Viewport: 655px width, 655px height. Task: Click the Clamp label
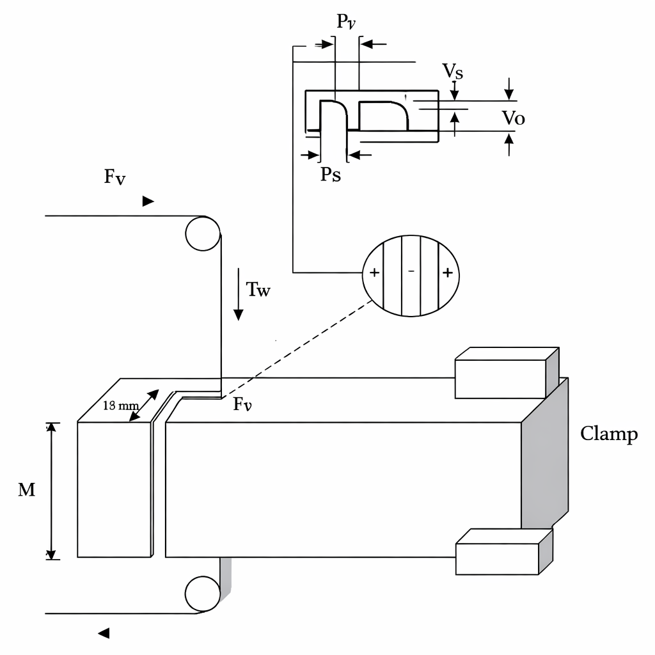point(609,434)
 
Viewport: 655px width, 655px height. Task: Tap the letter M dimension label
point(26,489)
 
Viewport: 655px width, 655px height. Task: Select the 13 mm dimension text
point(121,405)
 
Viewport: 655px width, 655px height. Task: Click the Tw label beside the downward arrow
point(258,290)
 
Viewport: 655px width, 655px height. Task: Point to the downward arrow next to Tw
point(238,294)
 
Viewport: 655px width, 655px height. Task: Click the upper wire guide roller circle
point(203,233)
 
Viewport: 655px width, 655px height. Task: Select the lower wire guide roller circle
point(203,594)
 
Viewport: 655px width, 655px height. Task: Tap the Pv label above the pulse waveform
point(346,22)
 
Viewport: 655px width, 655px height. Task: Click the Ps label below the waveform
point(331,174)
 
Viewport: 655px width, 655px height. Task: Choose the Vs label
point(453,71)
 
